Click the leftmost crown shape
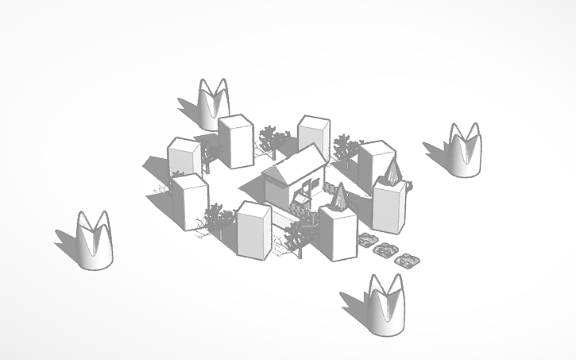coord(94,242)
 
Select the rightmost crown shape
coord(464,150)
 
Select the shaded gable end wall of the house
coord(278,188)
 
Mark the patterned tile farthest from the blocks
coord(407,260)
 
